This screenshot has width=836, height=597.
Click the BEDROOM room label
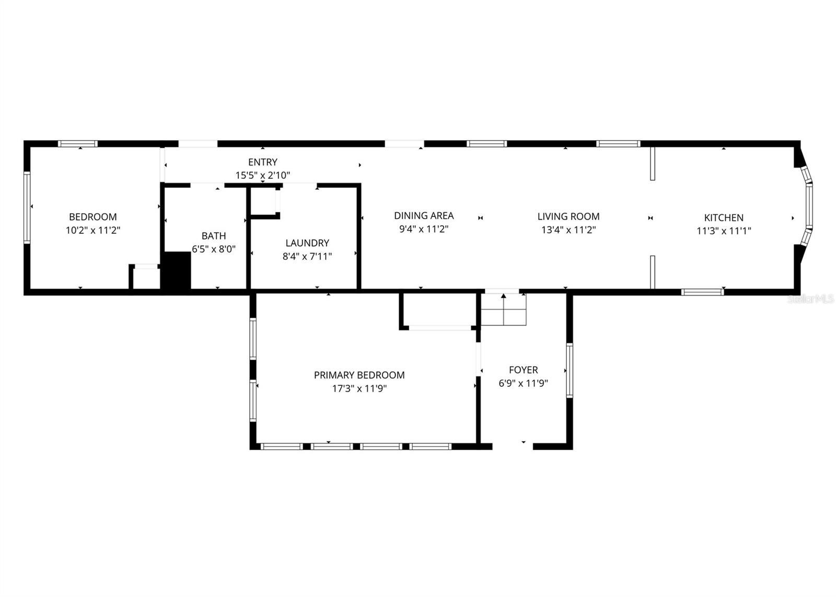[x=93, y=217]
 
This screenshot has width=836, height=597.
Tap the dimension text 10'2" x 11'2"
[x=93, y=231]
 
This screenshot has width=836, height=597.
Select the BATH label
[x=214, y=236]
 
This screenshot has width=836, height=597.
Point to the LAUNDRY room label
[x=307, y=243]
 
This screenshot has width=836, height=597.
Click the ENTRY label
[x=263, y=162]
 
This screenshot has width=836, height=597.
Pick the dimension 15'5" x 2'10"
[x=263, y=176]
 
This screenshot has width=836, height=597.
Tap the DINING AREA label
[x=424, y=215]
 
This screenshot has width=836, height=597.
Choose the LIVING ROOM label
[x=568, y=216]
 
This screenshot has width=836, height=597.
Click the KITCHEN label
[x=724, y=218]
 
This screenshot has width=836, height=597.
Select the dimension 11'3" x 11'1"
[x=724, y=231]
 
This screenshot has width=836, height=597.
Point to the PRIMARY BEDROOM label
[x=359, y=375]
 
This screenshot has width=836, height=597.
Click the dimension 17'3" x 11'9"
[x=359, y=389]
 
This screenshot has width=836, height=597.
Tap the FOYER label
[x=523, y=370]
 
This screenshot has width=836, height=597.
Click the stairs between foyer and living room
[x=503, y=309]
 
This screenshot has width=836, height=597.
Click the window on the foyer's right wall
[x=570, y=370]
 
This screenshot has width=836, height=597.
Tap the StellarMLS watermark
[x=810, y=299]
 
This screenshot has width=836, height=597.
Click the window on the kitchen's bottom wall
[x=702, y=292]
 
